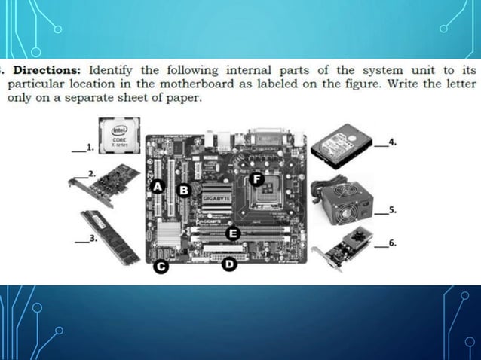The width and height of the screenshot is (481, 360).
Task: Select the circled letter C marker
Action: tap(159, 266)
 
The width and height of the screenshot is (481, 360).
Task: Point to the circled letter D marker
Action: tap(228, 264)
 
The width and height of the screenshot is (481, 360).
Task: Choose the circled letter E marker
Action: tap(234, 233)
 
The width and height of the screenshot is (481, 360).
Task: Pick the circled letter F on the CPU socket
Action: tap(256, 179)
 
